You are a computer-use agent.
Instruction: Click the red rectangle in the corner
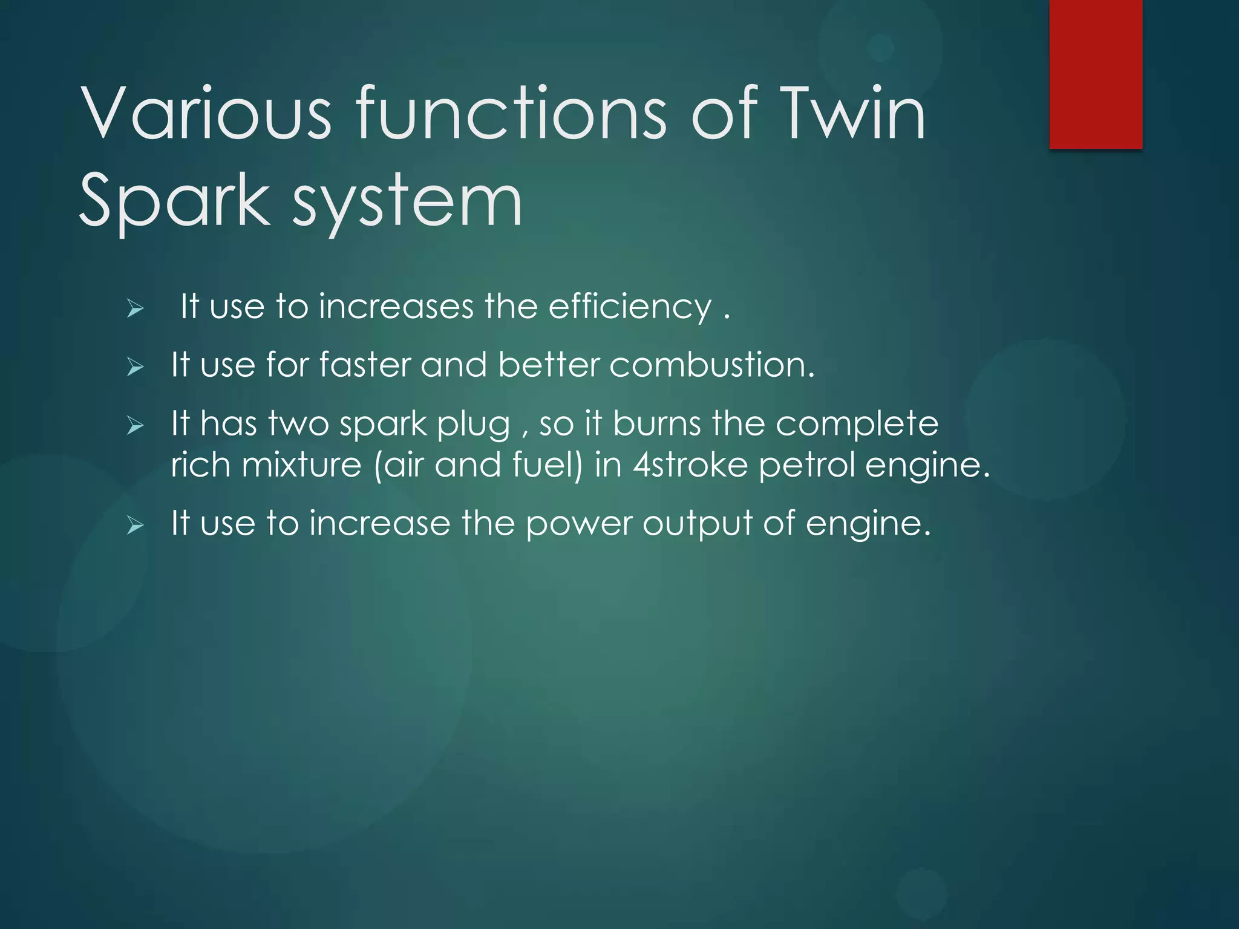(1096, 74)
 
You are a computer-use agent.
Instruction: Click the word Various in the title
(206, 113)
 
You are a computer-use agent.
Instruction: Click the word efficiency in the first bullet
(630, 307)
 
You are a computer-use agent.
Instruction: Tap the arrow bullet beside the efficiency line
(136, 309)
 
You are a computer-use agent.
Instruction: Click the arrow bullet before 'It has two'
(136, 426)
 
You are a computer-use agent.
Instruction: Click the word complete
(857, 425)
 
